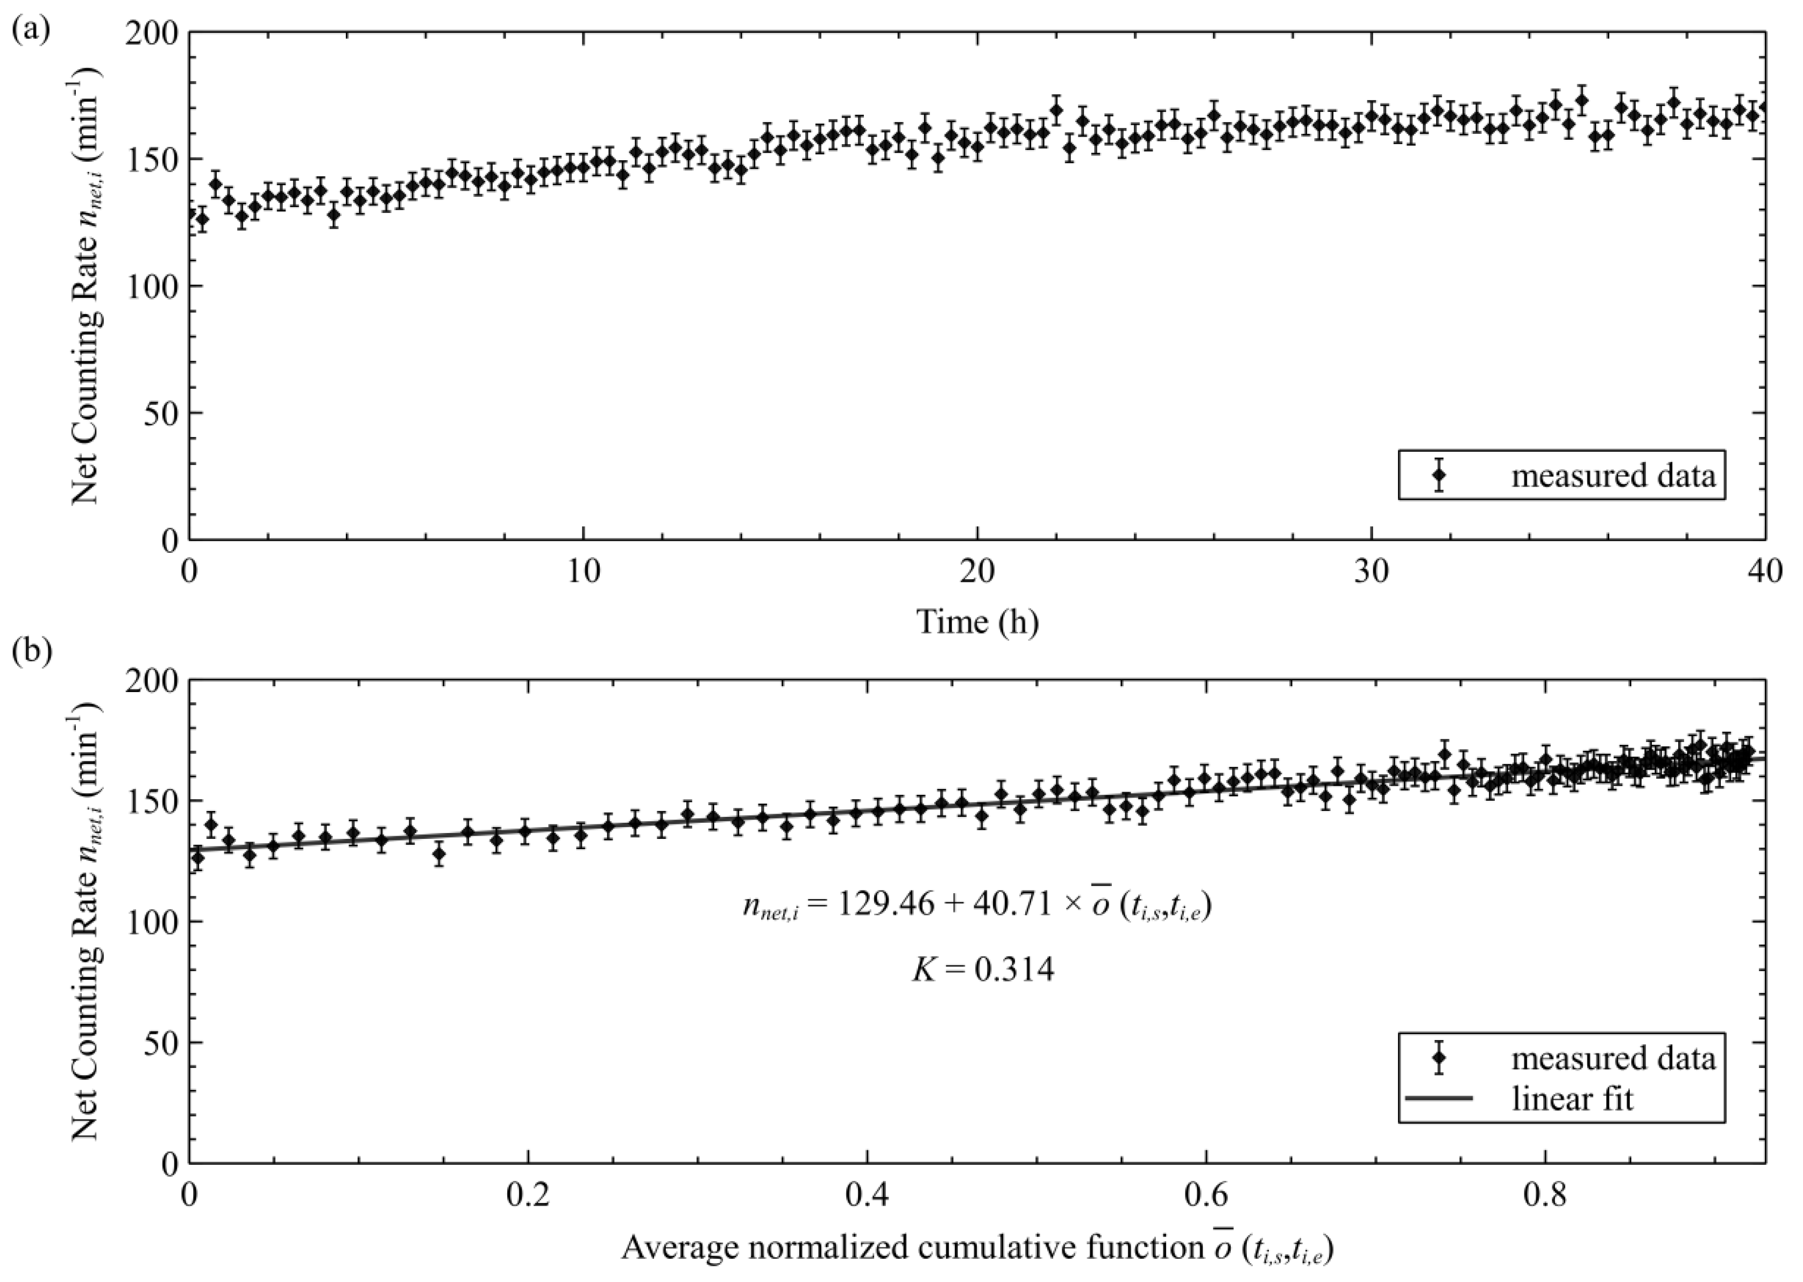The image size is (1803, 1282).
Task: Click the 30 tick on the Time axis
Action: pyautogui.click(x=1372, y=572)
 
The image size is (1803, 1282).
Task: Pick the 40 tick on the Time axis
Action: pyautogui.click(x=1765, y=572)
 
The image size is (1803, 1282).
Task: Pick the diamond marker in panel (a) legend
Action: pyautogui.click(x=1438, y=475)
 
